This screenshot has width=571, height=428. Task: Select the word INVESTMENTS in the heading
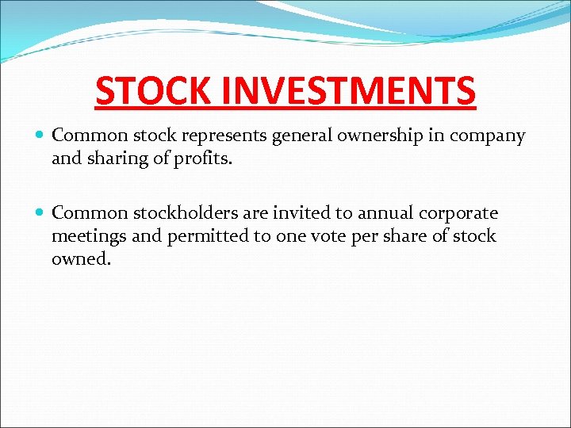348,91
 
